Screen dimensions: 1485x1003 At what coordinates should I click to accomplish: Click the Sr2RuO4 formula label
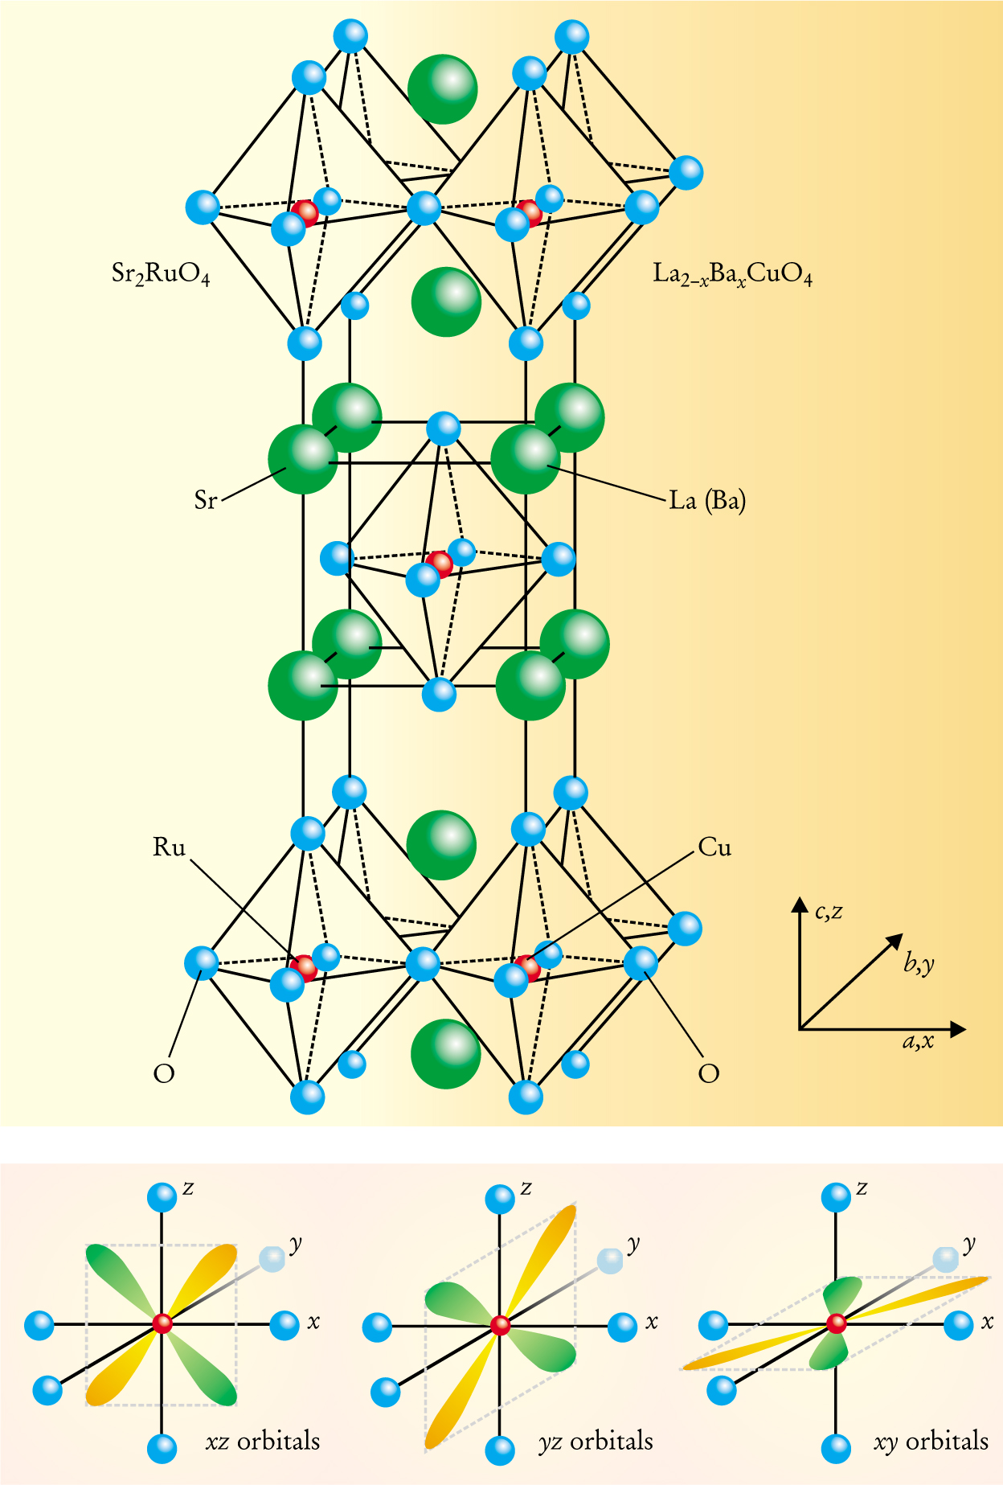pyautogui.click(x=161, y=274)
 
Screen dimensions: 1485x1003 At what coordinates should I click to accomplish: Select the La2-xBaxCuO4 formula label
pyautogui.click(x=732, y=275)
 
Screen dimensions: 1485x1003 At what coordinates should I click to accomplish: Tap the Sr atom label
pyautogui.click(x=206, y=500)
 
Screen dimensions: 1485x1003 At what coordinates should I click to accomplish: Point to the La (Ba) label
pyautogui.click(x=707, y=501)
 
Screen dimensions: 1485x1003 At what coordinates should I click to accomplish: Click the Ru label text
pyautogui.click(x=169, y=847)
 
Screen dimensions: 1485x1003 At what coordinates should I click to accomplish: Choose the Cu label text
pyautogui.click(x=714, y=847)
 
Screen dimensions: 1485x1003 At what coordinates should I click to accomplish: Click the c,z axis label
pyautogui.click(x=829, y=912)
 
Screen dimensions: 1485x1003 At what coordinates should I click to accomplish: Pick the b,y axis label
pyautogui.click(x=919, y=962)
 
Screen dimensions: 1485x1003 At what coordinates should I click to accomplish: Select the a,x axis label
pyautogui.click(x=918, y=1042)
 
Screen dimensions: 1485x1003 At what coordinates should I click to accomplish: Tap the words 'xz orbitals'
pyautogui.click(x=263, y=1441)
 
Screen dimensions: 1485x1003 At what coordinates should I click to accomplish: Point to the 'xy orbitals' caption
pyautogui.click(x=931, y=1441)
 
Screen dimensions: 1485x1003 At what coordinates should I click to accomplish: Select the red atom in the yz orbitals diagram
pyautogui.click(x=500, y=1325)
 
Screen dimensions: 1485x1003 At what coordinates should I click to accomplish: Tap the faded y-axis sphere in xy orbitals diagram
pyautogui.click(x=945, y=1259)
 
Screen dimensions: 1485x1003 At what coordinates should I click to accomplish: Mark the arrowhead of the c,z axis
pyautogui.click(x=800, y=905)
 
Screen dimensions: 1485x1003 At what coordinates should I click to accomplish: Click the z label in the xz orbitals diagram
pyautogui.click(x=188, y=1188)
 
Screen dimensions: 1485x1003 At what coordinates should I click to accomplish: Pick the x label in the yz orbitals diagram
pyautogui.click(x=652, y=1322)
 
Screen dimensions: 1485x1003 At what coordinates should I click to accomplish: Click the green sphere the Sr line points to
pyautogui.click(x=303, y=459)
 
